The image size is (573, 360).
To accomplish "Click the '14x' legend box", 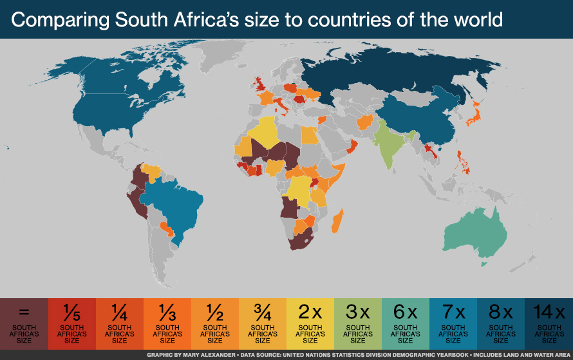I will [x=549, y=324].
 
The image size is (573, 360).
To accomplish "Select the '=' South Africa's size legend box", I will [x=24, y=324].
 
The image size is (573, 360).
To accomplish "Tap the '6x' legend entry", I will [x=405, y=324].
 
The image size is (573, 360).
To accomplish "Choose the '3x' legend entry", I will [x=357, y=324].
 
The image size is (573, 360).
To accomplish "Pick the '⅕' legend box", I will [x=71, y=324].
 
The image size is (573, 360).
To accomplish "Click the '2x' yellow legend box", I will [x=310, y=324].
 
